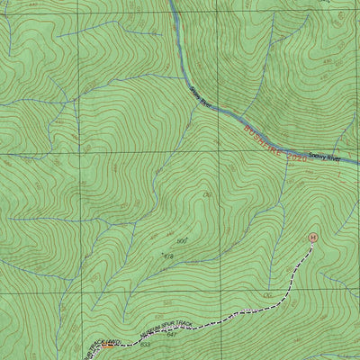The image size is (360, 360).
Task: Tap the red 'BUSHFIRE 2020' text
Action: [275, 141]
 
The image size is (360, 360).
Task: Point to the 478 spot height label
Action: [166, 257]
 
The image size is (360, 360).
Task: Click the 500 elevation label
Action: [182, 240]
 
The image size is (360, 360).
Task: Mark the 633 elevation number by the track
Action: [145, 345]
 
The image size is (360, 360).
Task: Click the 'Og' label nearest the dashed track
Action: [267, 295]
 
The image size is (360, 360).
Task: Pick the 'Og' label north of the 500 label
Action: [208, 195]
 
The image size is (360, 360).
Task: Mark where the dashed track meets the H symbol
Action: [311, 243]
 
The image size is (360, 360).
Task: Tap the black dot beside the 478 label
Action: [161, 255]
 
